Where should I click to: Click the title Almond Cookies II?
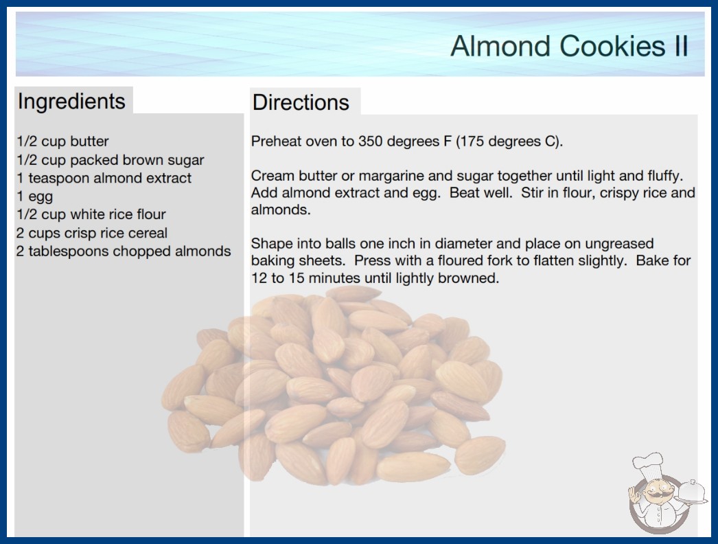(x=569, y=46)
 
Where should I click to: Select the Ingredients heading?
(x=71, y=102)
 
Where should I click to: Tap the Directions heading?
(x=301, y=102)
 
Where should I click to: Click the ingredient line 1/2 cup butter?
(x=62, y=141)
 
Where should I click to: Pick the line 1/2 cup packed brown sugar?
(x=111, y=160)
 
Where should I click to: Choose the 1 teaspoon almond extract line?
(x=104, y=178)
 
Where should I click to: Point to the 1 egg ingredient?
(x=35, y=196)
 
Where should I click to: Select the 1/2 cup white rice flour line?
(x=91, y=214)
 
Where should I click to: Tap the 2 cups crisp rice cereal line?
(x=92, y=233)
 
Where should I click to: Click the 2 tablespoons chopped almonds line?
(x=124, y=251)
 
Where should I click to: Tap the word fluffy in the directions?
(x=664, y=176)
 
